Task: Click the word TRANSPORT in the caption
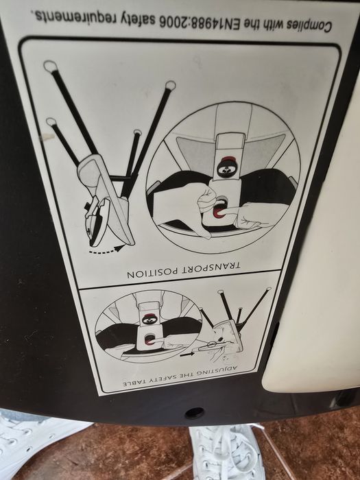pos(212,267)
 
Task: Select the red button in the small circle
pos(149,340)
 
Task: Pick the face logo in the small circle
pos(149,320)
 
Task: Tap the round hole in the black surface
pos(194,413)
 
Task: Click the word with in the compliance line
pos(271,25)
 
